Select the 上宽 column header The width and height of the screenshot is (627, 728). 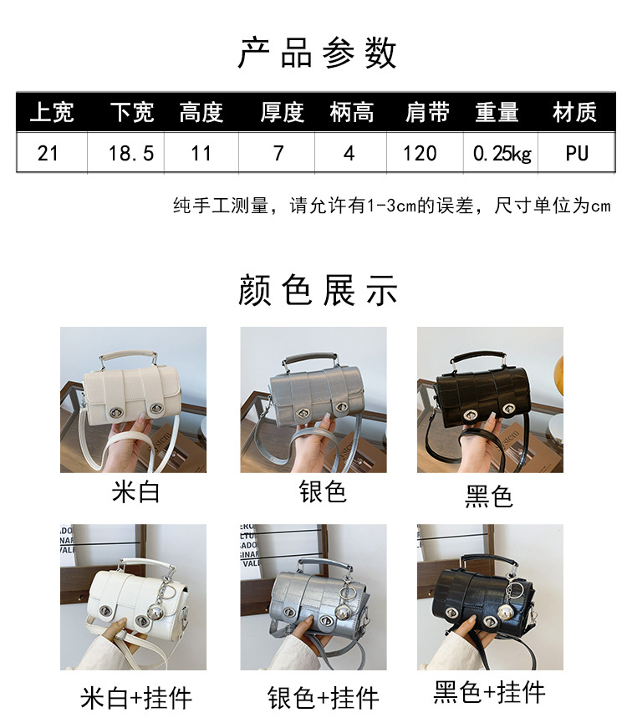(52, 113)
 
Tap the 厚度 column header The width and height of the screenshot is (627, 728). (282, 113)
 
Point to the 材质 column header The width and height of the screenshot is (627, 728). (575, 113)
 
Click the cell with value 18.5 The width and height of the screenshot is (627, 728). (131, 153)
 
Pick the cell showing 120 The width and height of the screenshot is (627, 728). (420, 153)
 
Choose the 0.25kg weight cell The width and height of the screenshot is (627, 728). (502, 153)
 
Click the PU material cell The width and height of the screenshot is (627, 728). (576, 153)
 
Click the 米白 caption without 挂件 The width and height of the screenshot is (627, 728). (135, 491)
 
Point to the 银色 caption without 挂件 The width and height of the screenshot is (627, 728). (322, 491)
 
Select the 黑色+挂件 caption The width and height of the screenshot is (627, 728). (490, 692)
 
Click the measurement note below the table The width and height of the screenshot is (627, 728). (391, 206)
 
